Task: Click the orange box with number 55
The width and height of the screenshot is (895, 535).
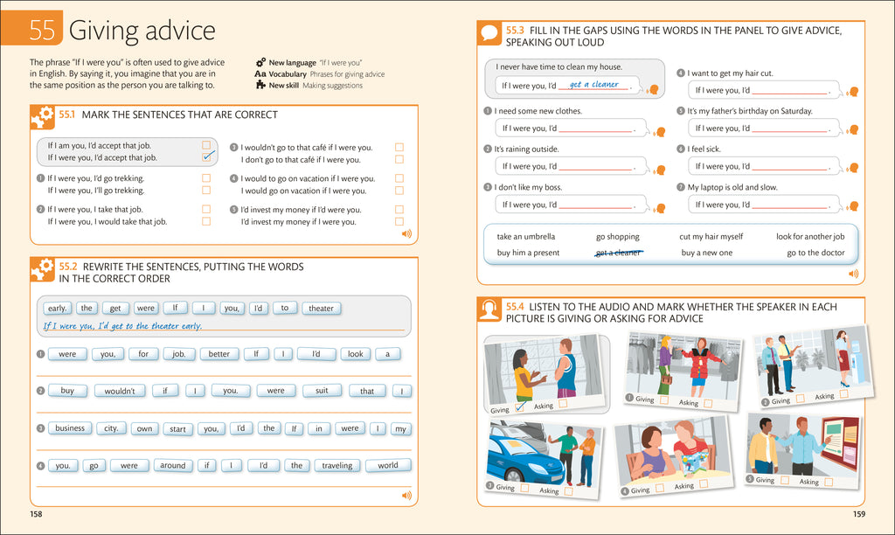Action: pos(41,31)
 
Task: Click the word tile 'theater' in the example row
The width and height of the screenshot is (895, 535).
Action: pos(321,308)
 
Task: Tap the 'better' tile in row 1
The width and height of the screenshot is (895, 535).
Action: pos(219,354)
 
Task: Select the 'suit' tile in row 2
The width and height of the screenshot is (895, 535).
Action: pos(322,391)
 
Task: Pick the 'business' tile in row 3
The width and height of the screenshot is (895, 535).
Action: pos(70,428)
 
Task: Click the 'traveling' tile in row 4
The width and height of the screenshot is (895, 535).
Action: pos(336,466)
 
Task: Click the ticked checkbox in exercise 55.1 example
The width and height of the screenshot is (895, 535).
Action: pos(207,157)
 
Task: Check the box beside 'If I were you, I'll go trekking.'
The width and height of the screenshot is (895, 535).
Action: pos(206,191)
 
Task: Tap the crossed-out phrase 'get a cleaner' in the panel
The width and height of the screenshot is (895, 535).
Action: pos(619,253)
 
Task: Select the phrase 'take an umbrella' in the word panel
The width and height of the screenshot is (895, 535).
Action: pos(525,237)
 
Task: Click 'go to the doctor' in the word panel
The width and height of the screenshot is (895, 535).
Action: pos(815,253)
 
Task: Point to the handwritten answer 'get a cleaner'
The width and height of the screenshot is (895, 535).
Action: pos(593,85)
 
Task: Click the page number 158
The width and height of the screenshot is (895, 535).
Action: pos(36,514)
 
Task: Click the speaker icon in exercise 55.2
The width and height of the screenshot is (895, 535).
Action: pos(406,496)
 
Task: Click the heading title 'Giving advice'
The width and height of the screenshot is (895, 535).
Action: pos(142,31)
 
